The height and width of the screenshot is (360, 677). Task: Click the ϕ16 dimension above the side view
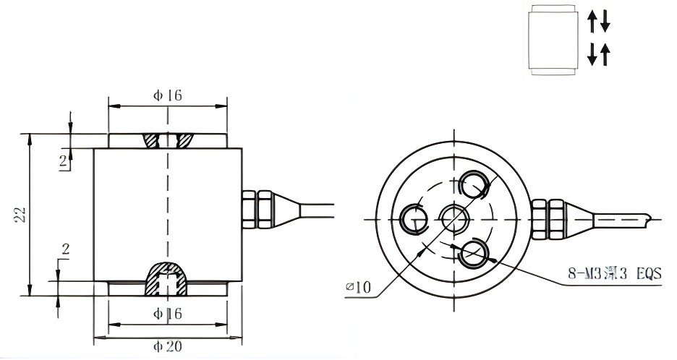tap(166, 95)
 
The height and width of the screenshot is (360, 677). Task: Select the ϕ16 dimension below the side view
tap(166, 314)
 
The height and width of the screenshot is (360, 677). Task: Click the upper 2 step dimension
tap(63, 161)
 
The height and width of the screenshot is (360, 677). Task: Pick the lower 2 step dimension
tap(64, 250)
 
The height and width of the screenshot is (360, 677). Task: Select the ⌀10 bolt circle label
tap(358, 288)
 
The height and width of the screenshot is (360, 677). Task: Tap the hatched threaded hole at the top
tap(168, 140)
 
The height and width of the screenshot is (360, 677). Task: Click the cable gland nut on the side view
tap(257, 207)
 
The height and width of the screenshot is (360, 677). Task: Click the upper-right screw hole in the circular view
tap(474, 184)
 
